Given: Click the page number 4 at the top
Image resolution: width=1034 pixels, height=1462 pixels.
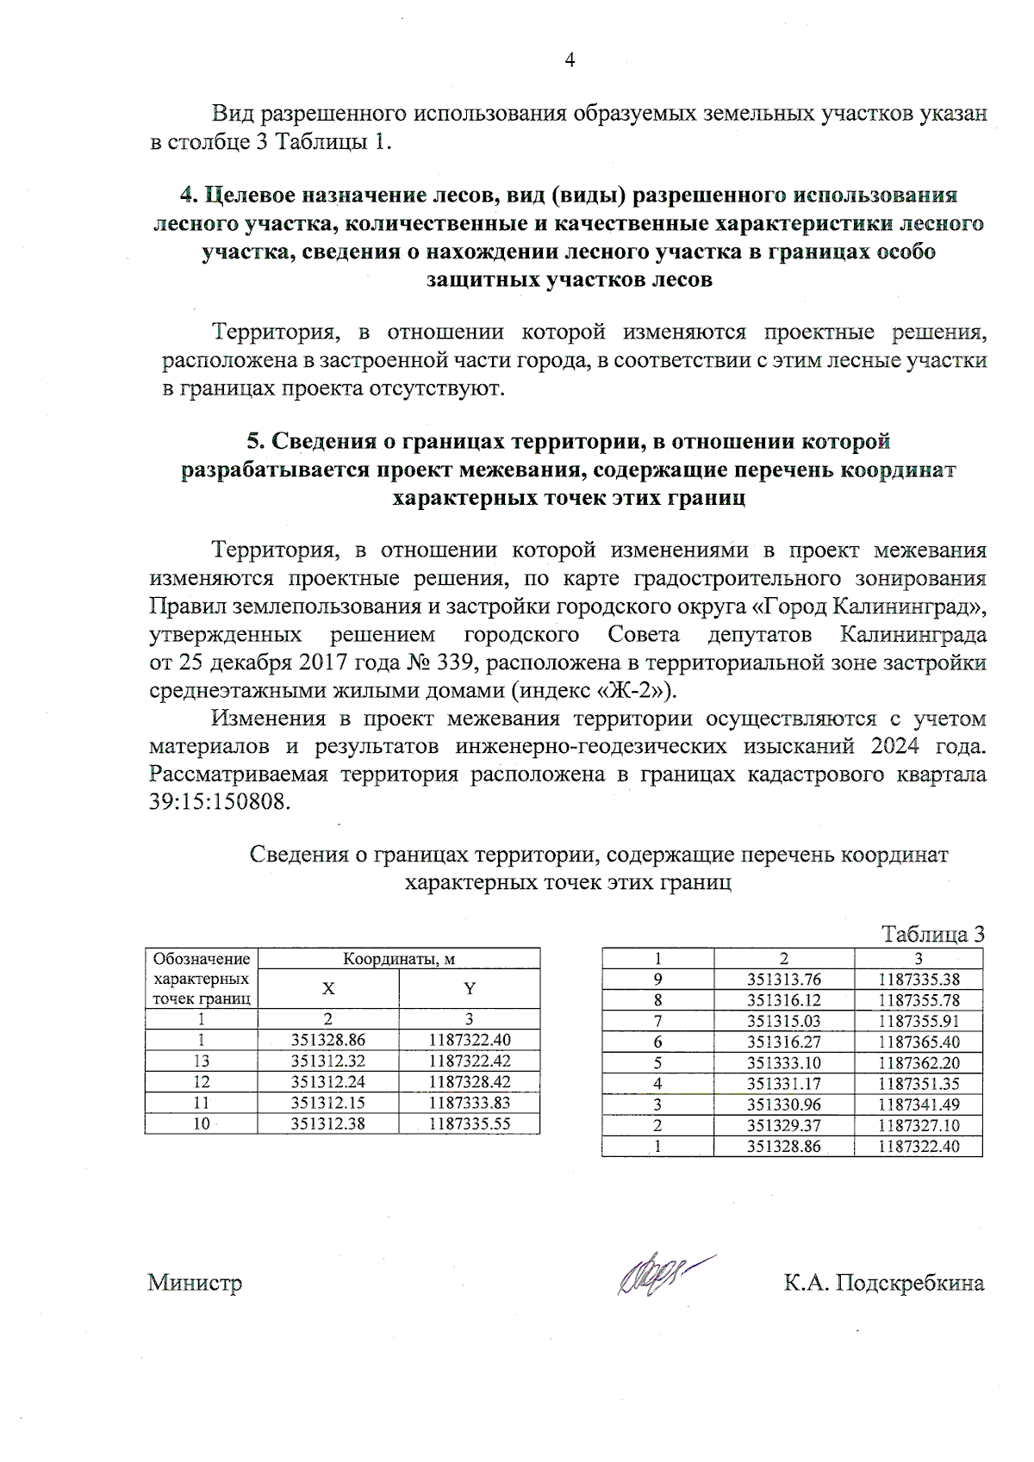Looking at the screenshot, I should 569,59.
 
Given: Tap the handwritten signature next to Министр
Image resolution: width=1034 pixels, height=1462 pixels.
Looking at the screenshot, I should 659,1276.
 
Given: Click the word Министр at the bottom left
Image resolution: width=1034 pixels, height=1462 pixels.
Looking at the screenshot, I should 195,1283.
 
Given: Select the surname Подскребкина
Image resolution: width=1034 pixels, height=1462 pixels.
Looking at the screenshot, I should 910,1283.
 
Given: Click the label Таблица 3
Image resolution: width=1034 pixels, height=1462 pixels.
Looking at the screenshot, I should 932,934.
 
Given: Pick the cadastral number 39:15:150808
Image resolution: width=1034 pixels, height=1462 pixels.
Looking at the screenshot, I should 220,802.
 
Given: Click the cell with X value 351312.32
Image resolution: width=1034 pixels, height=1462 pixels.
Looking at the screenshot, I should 327,1061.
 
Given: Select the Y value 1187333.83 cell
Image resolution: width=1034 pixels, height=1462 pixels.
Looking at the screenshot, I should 469,1103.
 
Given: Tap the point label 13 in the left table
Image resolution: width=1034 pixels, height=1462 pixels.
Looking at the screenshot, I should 201,1061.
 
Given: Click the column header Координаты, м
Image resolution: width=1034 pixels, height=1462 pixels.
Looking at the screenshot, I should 398,959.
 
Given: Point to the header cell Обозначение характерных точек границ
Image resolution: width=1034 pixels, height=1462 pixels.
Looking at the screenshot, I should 201,979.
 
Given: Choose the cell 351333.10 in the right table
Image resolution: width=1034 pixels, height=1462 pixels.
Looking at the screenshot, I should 783,1063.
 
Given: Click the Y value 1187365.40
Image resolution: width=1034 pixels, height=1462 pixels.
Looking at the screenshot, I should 919,1042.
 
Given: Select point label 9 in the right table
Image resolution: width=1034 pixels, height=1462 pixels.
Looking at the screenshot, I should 657,980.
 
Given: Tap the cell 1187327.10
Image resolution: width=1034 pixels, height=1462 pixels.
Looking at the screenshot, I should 919,1125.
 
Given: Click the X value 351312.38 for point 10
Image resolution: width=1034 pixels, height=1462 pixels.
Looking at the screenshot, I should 327,1123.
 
